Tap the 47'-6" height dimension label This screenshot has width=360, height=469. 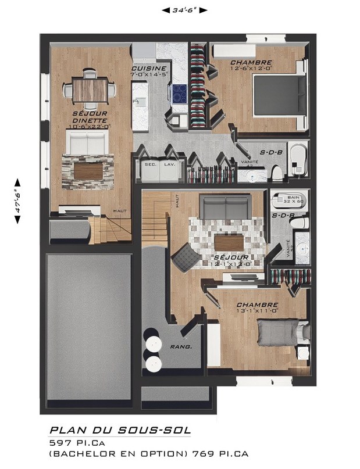point(17,200)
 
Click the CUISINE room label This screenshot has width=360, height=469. point(150,68)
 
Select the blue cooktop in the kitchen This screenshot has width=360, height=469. point(179,92)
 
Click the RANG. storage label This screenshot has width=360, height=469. point(181,347)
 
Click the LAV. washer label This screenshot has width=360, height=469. point(169,164)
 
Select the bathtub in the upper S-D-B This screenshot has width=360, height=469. point(298,159)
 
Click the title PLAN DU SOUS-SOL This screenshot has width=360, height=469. point(120,431)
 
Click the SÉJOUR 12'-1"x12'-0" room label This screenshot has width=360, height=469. point(231,260)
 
